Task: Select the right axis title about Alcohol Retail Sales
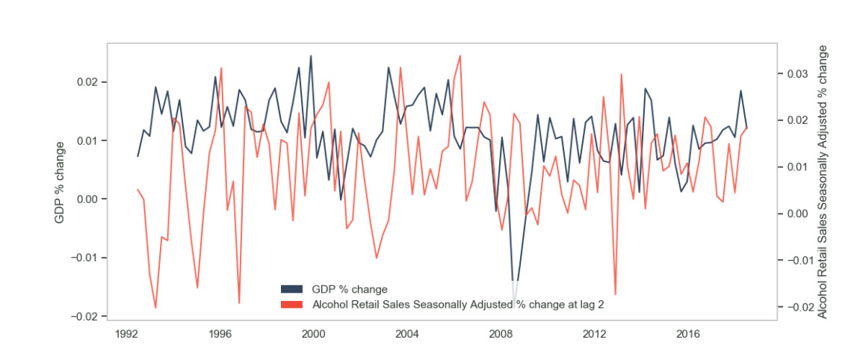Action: coord(823,181)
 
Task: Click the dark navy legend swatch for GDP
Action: coord(291,289)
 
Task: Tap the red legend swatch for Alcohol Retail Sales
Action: coord(291,305)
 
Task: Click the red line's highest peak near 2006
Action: coord(460,55)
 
